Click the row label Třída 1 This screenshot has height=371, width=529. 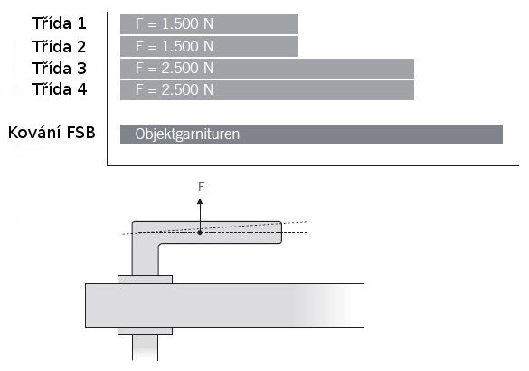point(59,23)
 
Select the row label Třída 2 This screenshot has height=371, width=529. point(59,46)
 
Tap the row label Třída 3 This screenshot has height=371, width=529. point(59,68)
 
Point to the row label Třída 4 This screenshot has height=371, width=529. point(60,89)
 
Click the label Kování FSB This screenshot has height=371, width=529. point(52,133)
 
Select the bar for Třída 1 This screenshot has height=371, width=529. point(209,24)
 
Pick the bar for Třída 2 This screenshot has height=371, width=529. point(209,46)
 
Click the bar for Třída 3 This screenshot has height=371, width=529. point(267,69)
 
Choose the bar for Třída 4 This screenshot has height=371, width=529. point(267,90)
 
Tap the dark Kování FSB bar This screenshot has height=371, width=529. point(311,134)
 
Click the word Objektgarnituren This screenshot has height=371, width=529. point(187,134)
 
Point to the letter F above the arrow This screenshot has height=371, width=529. point(201,187)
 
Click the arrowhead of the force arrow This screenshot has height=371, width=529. point(200,201)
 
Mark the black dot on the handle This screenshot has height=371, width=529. point(200,232)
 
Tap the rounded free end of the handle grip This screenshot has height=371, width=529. point(280,232)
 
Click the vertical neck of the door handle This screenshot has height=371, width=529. point(145,259)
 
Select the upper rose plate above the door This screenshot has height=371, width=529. point(145,280)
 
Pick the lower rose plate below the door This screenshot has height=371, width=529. point(145,330)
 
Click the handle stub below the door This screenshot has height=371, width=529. point(145,348)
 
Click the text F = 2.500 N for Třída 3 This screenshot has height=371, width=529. point(175,69)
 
